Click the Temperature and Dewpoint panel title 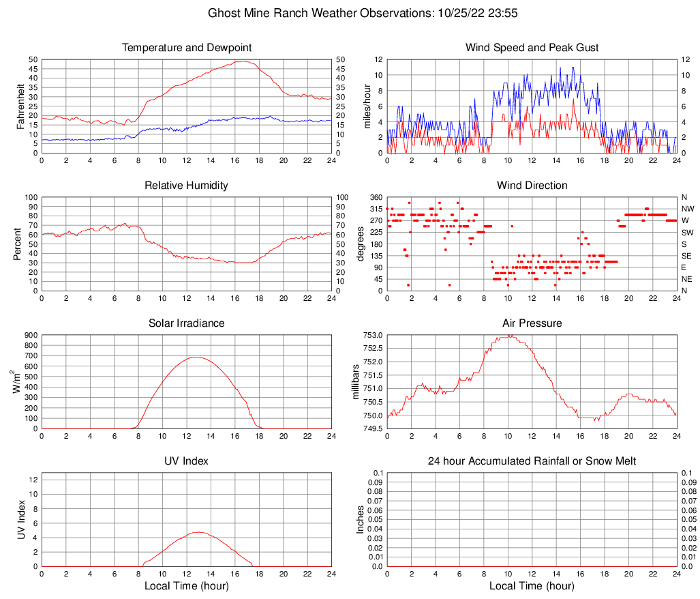[x=186, y=48]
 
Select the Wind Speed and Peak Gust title [x=532, y=48]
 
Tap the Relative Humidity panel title [x=186, y=186]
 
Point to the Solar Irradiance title [x=186, y=323]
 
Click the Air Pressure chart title [x=532, y=323]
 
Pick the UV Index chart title [x=186, y=461]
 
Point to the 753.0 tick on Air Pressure [x=373, y=335]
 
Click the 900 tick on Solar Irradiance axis [x=31, y=335]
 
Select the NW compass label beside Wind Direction [x=688, y=209]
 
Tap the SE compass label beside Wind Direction [x=687, y=256]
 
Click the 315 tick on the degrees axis [x=374, y=209]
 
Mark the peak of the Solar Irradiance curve [x=196, y=357]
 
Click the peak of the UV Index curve [x=198, y=532]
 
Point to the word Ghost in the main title [x=223, y=13]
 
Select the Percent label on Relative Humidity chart [x=18, y=244]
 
